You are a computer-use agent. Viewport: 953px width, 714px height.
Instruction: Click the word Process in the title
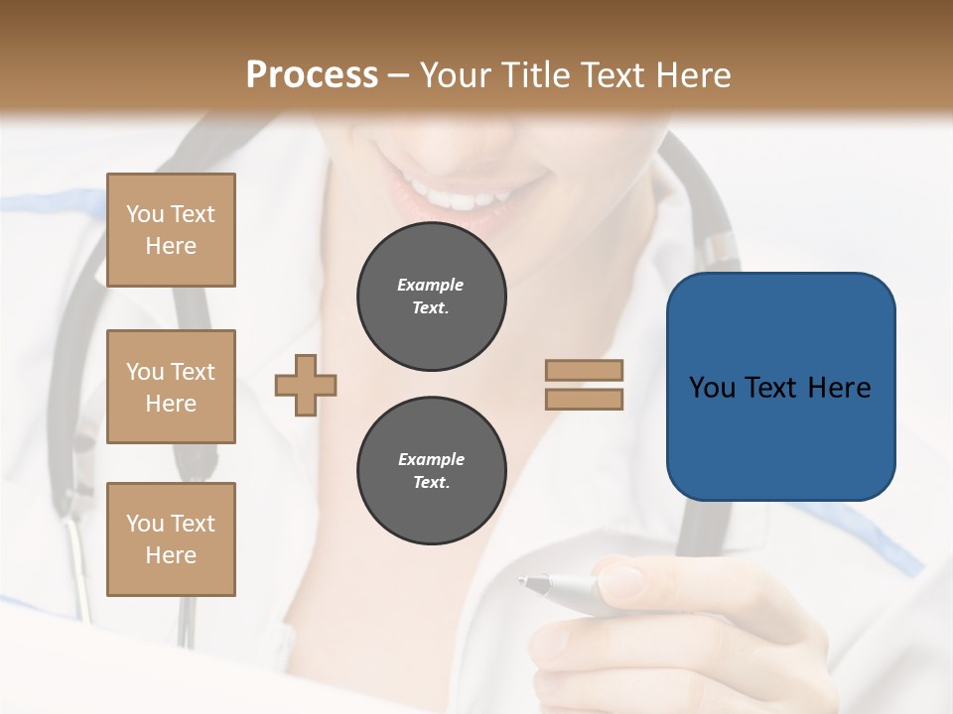312,75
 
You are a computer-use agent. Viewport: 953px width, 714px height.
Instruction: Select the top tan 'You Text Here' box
171,230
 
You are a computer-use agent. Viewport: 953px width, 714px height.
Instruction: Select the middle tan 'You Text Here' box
171,387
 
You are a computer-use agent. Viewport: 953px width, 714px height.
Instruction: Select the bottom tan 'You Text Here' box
171,539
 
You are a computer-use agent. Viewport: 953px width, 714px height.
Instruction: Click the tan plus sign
306,385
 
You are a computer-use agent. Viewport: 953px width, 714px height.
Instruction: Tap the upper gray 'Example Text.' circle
431,297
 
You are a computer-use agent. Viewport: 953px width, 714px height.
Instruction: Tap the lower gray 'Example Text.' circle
431,471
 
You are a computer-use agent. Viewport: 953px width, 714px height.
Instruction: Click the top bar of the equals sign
585,370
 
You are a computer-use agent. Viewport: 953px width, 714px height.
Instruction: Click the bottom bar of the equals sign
585,399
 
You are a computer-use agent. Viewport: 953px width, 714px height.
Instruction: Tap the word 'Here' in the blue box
839,388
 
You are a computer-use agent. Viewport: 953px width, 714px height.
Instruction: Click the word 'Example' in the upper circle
431,285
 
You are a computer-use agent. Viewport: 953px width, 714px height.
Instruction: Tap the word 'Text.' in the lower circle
431,483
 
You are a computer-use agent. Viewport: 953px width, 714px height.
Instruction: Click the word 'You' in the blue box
712,388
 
